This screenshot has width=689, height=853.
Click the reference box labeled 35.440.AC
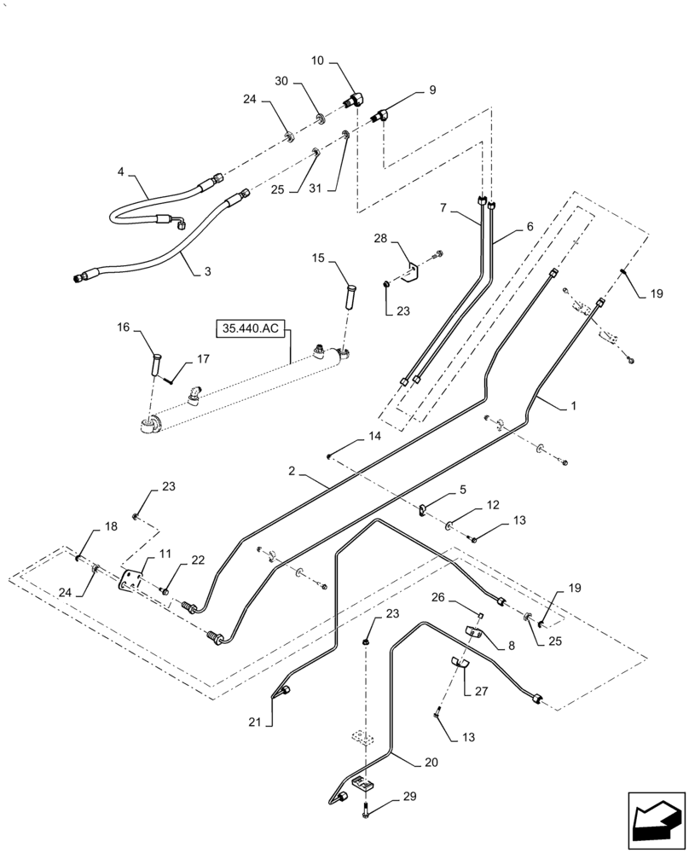coord(253,327)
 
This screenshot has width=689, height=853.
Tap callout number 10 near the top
coord(317,61)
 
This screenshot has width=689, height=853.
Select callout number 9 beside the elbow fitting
coord(431,90)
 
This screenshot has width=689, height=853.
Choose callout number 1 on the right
coord(573,407)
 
